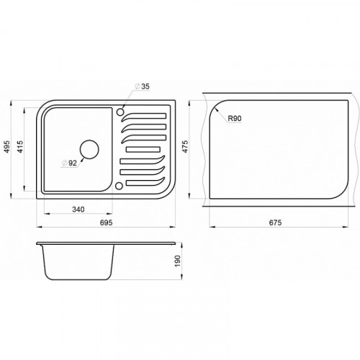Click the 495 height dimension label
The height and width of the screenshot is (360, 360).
[x=7, y=146]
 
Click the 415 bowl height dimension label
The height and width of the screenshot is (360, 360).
[x=20, y=147]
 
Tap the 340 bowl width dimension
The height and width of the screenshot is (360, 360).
[x=78, y=210]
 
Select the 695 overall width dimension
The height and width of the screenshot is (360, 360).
[x=106, y=222]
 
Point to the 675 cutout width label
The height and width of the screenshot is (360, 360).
[x=275, y=222]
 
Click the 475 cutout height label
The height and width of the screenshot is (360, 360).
[x=185, y=147]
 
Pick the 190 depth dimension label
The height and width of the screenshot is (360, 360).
[x=177, y=261]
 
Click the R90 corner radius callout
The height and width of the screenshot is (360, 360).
[x=235, y=118]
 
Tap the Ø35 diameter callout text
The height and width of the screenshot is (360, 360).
[x=142, y=86]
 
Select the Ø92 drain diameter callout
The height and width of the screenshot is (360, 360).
[x=69, y=163]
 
